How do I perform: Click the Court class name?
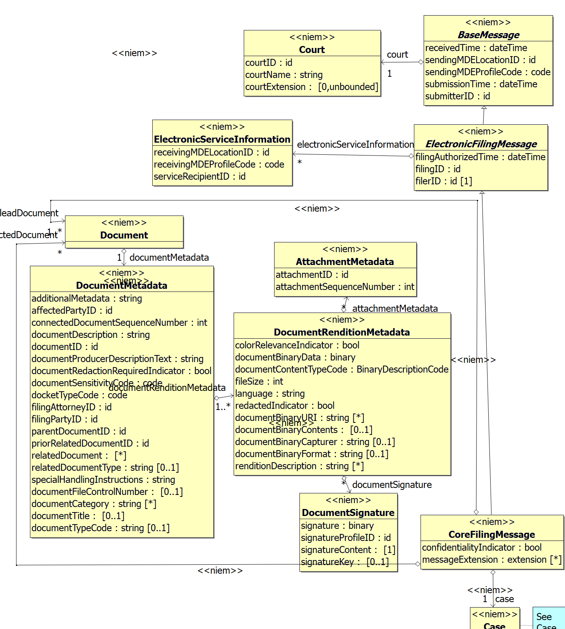pyautogui.click(x=312, y=50)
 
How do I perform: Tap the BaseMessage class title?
pyautogui.click(x=488, y=35)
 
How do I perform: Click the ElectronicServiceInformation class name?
pyautogui.click(x=222, y=140)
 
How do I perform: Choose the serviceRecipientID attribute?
pyautogui.click(x=199, y=177)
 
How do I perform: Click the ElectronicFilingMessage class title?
pyautogui.click(x=481, y=144)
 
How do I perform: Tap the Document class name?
pyautogui.click(x=124, y=235)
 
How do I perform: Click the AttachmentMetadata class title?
pyautogui.click(x=345, y=262)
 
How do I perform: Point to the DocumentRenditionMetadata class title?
pyautogui.click(x=341, y=332)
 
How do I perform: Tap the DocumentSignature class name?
pyautogui.click(x=348, y=513)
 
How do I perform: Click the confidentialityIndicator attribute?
pyautogui.click(x=482, y=548)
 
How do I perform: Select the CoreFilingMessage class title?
pyautogui.click(x=491, y=535)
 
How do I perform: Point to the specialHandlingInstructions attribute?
pyautogui.click(x=103, y=480)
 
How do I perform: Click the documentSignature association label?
pyautogui.click(x=392, y=485)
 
